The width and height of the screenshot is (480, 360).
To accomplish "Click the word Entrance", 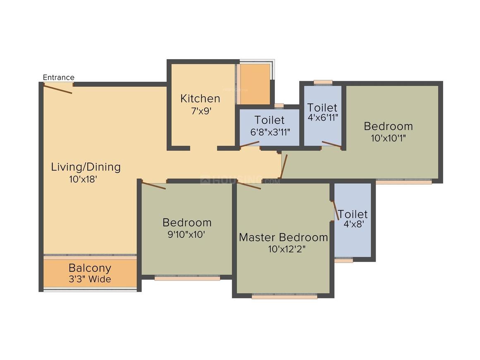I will (x=59, y=77).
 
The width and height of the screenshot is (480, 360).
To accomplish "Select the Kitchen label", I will (x=200, y=98).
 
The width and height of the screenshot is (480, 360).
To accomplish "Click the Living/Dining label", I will (x=86, y=167).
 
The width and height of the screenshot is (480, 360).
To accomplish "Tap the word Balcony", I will (x=90, y=267).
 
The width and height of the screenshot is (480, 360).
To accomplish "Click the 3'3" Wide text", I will (x=90, y=279).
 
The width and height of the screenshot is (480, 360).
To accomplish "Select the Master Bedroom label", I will (x=283, y=238).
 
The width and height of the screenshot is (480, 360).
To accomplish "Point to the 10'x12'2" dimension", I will (x=287, y=249).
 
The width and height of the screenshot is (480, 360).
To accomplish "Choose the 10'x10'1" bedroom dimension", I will (x=388, y=138).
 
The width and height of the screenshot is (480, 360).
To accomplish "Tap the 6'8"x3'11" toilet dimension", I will (x=270, y=132).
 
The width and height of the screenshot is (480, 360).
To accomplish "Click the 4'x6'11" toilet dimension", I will (x=323, y=117).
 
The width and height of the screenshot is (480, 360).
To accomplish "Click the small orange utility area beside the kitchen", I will (x=254, y=84).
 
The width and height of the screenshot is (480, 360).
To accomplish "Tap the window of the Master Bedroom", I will (x=284, y=296).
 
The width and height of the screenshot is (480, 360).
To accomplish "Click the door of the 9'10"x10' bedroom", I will (x=154, y=185).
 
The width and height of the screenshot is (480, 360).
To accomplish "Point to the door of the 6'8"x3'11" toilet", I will (x=250, y=144).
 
